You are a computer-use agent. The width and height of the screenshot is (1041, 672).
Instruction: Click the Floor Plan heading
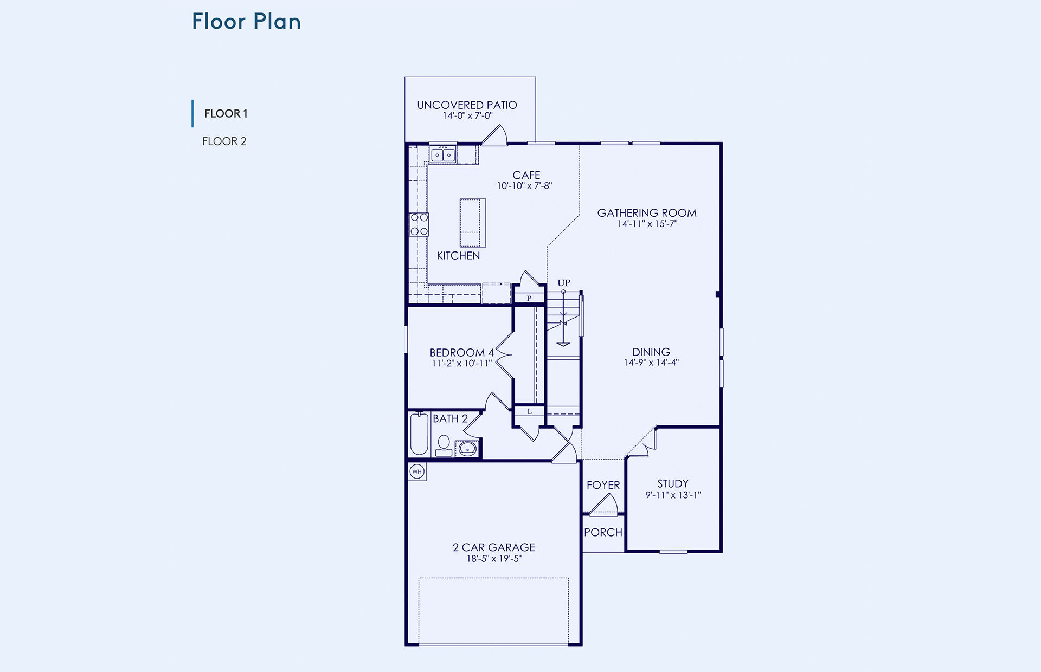point(246,22)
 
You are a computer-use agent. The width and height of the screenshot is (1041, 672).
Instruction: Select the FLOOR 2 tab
point(224,141)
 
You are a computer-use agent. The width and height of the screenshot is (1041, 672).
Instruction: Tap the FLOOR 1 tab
point(226,114)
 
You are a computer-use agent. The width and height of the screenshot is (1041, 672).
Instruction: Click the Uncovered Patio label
point(467,105)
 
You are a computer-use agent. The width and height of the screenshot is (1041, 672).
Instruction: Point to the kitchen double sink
point(443,155)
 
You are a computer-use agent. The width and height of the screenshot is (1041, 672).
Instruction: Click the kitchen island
point(473,223)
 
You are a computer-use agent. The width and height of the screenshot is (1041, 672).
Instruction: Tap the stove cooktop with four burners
point(419,224)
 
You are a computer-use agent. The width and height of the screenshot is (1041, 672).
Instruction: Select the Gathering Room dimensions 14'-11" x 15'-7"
point(647,224)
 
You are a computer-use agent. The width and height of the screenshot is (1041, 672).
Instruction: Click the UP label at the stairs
point(564,283)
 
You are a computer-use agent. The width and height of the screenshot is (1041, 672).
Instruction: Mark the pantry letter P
point(529,298)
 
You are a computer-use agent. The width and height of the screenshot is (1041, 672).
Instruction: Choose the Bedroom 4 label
point(462,353)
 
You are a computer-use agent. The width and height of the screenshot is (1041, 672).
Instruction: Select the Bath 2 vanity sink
point(467,449)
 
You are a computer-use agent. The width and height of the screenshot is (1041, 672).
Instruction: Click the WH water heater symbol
point(417,471)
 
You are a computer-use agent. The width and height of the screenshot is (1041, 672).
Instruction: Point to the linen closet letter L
point(530,411)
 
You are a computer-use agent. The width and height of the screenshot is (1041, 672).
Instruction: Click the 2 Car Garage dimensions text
point(494,559)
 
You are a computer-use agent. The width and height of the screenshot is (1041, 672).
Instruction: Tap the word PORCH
point(603,533)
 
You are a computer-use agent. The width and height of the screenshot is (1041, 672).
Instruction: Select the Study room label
point(673,484)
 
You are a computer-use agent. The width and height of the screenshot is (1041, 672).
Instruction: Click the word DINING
point(651,352)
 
